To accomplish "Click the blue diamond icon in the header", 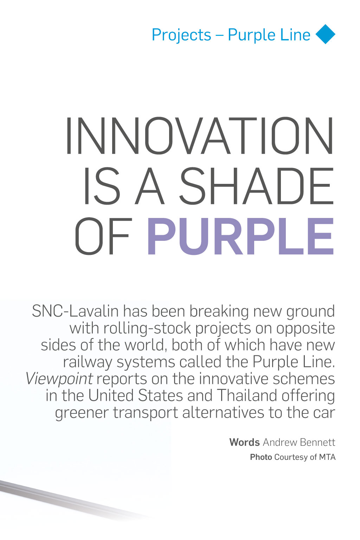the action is click(x=325, y=34).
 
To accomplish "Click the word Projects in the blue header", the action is click(x=181, y=35).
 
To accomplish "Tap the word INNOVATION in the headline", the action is click(x=200, y=135).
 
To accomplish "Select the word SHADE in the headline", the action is click(x=257, y=186).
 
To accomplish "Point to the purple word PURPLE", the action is click(x=240, y=236).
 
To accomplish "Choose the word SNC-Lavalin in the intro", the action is click(x=75, y=311).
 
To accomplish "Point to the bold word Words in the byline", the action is click(x=244, y=442).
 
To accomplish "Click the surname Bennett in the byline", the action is click(x=317, y=442).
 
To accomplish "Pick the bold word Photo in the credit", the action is click(x=261, y=457).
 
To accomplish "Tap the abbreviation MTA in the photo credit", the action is click(x=327, y=457).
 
